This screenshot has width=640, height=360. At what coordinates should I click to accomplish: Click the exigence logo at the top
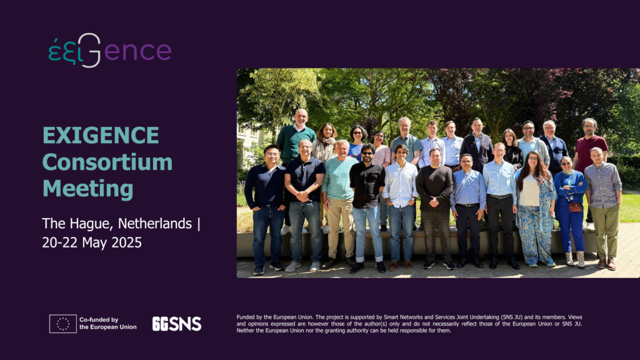click(x=110, y=51)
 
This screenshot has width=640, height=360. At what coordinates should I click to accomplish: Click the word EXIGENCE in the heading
click(x=101, y=136)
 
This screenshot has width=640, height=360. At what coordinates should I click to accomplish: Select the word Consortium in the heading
click(x=107, y=162)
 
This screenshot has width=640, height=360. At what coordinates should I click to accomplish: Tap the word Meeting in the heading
click(x=87, y=189)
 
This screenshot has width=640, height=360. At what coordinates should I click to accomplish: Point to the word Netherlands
click(x=155, y=223)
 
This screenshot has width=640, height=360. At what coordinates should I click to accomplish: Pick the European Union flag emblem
click(x=63, y=324)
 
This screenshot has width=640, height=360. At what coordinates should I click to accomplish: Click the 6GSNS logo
click(x=177, y=324)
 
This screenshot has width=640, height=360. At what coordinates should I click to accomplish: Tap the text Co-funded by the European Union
click(x=107, y=323)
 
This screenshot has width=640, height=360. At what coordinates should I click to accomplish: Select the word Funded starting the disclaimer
click(x=245, y=317)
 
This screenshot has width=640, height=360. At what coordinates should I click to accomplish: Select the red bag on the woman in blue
click(x=575, y=207)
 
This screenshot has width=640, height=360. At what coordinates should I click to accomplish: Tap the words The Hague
click(x=77, y=224)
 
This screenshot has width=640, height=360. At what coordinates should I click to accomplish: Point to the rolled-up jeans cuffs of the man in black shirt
click(x=369, y=258)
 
